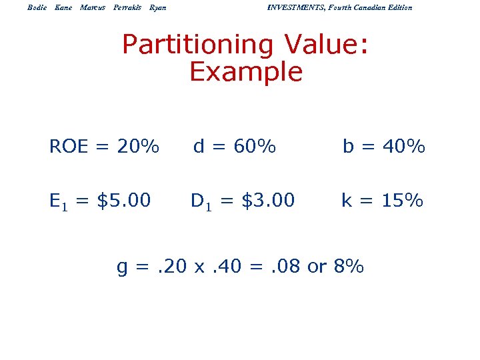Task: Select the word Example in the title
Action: pos(246,72)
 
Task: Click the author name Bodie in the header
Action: pos(37,7)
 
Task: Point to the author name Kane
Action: pos(63,7)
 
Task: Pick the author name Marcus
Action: pos(93,7)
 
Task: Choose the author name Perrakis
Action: pos(127,7)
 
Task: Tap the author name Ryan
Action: pos(158,7)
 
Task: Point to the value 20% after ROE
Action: pos(137,146)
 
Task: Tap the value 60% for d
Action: pos(254,146)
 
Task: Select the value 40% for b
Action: pos(403,146)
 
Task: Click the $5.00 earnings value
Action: pos(124,200)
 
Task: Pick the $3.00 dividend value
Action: pos(267,200)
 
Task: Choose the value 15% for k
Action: pos(401,200)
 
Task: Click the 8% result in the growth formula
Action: pos(348,267)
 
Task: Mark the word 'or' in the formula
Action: pos(317,268)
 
